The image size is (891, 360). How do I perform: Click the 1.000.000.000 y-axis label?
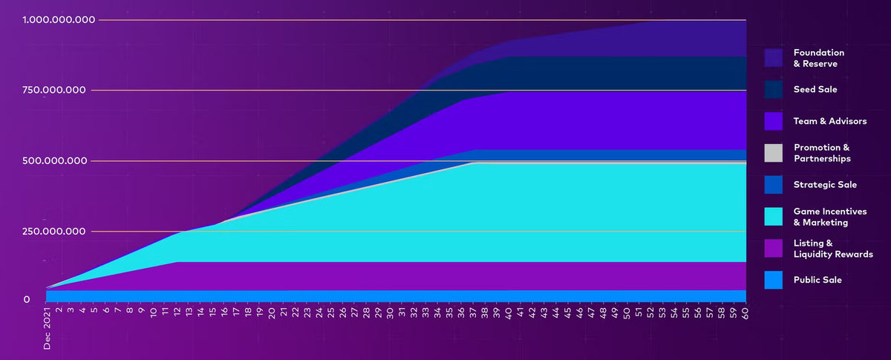click(x=59, y=20)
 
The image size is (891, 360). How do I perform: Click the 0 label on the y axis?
click(x=27, y=300)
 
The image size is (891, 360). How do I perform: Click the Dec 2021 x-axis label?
click(x=47, y=327)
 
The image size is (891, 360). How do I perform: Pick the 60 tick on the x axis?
click(x=745, y=312)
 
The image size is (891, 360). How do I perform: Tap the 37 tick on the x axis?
click(x=473, y=312)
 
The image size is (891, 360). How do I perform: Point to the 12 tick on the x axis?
click(x=177, y=312)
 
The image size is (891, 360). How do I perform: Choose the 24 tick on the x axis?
click(x=319, y=312)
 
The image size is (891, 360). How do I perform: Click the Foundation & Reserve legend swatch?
click(x=774, y=58)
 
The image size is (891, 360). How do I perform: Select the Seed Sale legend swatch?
click(x=774, y=89)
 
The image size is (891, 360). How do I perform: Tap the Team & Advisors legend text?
click(x=829, y=121)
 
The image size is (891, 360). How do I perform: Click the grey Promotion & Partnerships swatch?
click(x=774, y=153)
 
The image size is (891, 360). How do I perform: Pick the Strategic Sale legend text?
click(x=824, y=185)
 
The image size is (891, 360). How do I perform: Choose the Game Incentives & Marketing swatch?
click(x=774, y=217)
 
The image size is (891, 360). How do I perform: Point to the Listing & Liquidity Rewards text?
click(x=832, y=249)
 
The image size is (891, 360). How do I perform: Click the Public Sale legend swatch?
click(x=774, y=280)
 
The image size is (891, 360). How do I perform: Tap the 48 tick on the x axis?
click(x=603, y=312)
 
